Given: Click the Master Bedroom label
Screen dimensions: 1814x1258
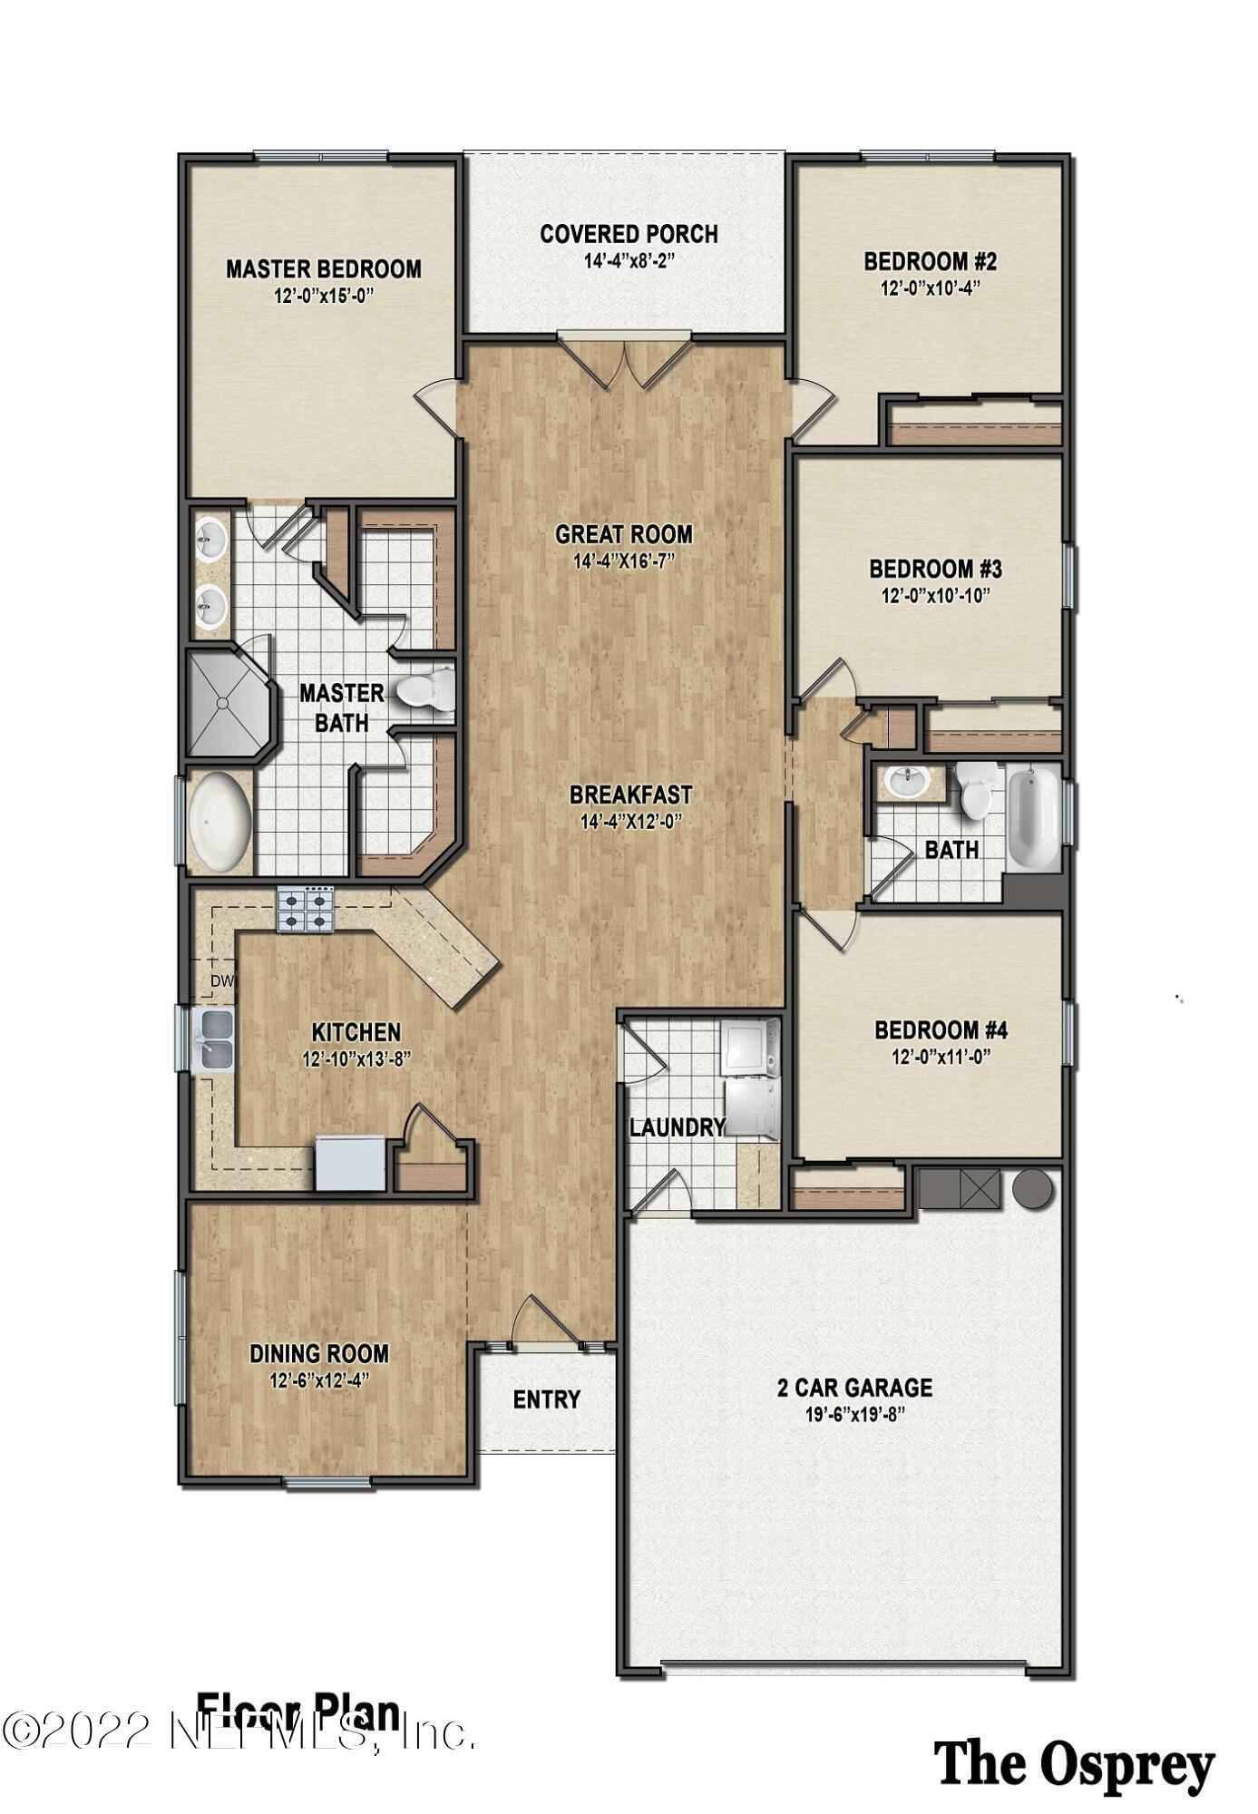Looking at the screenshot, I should point(323,269).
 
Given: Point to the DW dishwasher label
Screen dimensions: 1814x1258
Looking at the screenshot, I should point(222,981).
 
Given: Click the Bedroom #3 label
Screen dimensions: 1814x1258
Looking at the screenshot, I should point(935,570).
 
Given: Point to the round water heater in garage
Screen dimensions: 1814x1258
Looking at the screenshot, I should point(1032,1187).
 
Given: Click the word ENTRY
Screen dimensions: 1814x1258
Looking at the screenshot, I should point(546,1400).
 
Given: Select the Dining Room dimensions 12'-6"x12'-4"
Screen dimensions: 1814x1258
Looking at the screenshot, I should point(318,1381).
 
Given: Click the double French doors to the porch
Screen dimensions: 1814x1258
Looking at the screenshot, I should point(623,363).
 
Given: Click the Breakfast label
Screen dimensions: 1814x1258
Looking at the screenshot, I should point(629,795).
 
